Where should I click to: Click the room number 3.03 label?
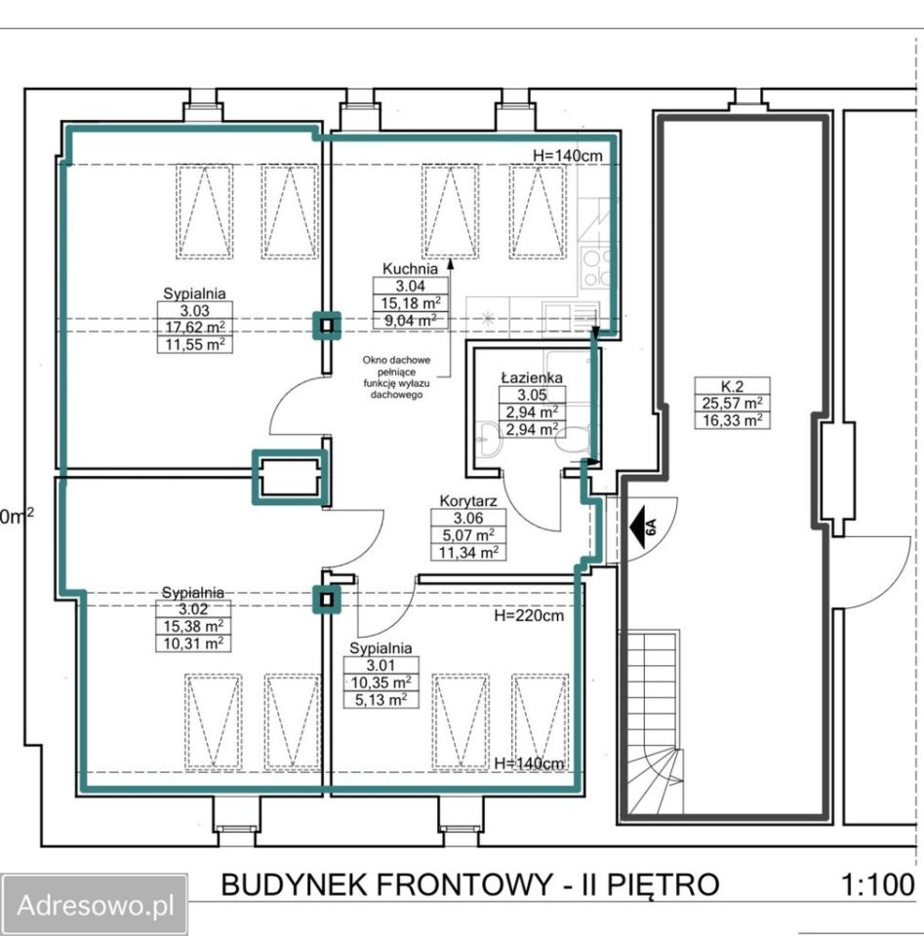pyautogui.click(x=195, y=310)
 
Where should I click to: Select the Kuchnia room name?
pyautogui.click(x=410, y=269)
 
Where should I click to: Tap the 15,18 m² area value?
pyautogui.click(x=411, y=302)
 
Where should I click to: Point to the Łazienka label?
pyautogui.click(x=532, y=377)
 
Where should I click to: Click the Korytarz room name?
pyautogui.click(x=468, y=501)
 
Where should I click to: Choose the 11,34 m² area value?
pyautogui.click(x=469, y=552)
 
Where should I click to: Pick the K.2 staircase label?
pyautogui.click(x=732, y=386)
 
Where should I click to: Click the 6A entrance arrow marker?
pyautogui.click(x=643, y=526)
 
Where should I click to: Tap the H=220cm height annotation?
pyautogui.click(x=529, y=615)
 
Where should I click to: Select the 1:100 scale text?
pyautogui.click(x=877, y=884)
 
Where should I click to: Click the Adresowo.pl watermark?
pyautogui.click(x=96, y=905)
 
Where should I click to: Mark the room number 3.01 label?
pyautogui.click(x=381, y=666)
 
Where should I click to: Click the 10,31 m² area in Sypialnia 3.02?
pyautogui.click(x=193, y=643)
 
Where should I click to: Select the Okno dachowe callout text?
pyautogui.click(x=396, y=377)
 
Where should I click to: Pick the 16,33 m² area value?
pyautogui.click(x=732, y=419)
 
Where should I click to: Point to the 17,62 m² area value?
pyautogui.click(x=195, y=328)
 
